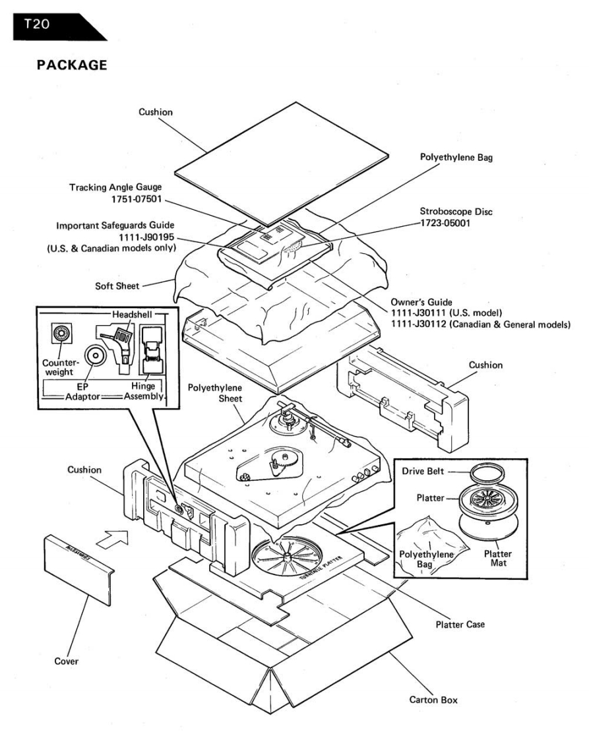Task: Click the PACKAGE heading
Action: coord(63,68)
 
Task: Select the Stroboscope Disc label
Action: coord(457,213)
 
